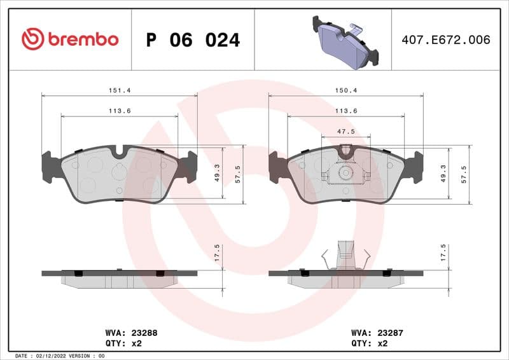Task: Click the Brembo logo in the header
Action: pyautogui.click(x=70, y=39)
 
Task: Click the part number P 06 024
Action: pyautogui.click(x=193, y=40)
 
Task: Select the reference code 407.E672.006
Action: pyautogui.click(x=445, y=39)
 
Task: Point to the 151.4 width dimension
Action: pyautogui.click(x=120, y=90)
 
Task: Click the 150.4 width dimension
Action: pyautogui.click(x=346, y=90)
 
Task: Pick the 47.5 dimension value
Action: pyautogui.click(x=345, y=131)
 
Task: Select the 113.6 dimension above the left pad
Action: pyautogui.click(x=120, y=111)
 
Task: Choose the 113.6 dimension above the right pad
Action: pyautogui.click(x=346, y=111)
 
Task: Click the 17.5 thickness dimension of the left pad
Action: pyautogui.click(x=217, y=253)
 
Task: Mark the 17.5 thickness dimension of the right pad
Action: pyautogui.click(x=443, y=253)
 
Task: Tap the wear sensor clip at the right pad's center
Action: pyautogui.click(x=345, y=172)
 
